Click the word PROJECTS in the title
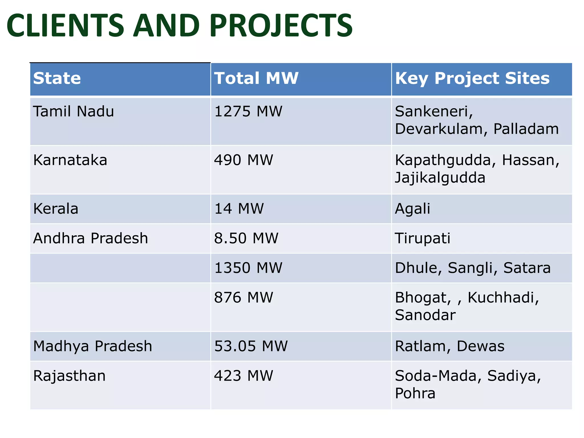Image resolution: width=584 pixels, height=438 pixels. pos(281,26)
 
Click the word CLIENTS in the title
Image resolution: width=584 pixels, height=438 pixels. pos(65,26)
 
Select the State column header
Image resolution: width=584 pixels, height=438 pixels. pos(57,78)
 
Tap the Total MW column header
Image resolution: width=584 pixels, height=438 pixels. pos(256,78)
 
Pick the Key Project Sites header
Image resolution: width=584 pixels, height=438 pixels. pos(472,78)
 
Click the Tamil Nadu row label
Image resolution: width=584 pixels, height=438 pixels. pos(74,111)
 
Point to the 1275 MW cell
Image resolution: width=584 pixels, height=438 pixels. pos(248,111)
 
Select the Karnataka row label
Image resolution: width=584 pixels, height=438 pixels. pos(70,160)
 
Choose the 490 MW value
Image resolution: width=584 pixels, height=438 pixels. pos(244,160)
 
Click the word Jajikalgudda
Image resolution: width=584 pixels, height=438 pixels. pos(440,178)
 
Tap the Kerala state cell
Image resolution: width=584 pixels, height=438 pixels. pos(56,209)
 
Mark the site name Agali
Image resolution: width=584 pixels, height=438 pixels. pos(412,209)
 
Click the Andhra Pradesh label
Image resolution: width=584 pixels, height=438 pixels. pos(91,238)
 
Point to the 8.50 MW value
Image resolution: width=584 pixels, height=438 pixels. pos(246,238)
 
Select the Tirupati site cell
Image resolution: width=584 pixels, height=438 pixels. pos(423,238)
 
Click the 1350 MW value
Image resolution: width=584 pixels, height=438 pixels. pos(248,268)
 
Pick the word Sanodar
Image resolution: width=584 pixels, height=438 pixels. pos(425,315)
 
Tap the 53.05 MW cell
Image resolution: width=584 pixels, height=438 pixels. pos(251,346)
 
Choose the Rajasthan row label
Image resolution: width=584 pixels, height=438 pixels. pos(69,376)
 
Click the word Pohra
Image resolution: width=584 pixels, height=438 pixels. pos(415,394)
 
